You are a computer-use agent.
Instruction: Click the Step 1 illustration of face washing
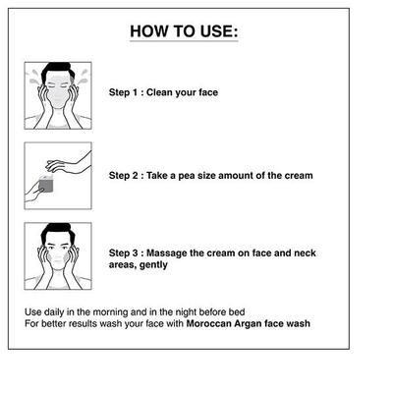click(58, 95)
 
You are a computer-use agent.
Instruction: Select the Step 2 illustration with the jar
click(58, 176)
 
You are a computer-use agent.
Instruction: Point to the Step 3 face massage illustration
click(58, 256)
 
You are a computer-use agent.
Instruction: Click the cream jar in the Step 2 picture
click(46, 184)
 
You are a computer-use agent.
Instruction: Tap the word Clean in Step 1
click(159, 92)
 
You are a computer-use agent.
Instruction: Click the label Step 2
click(124, 176)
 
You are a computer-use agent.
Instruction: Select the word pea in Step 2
click(186, 176)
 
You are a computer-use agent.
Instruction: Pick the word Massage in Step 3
click(166, 253)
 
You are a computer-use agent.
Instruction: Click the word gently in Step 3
click(153, 265)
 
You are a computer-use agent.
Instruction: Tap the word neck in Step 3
click(305, 253)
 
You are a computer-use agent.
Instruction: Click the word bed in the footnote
click(237, 311)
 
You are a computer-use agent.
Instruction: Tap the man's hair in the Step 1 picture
click(57, 69)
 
